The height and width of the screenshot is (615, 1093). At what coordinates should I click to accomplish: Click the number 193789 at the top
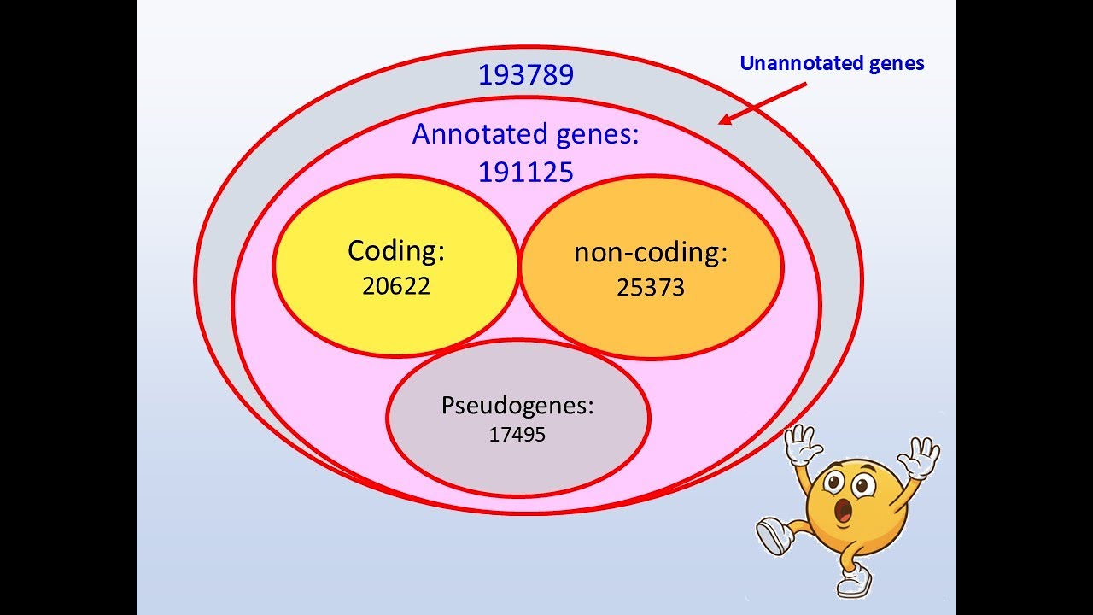point(525,75)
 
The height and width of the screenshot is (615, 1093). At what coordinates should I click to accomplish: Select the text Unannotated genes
point(832,63)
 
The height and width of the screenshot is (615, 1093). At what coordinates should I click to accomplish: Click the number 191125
point(525,173)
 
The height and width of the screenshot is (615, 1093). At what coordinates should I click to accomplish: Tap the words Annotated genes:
point(525,134)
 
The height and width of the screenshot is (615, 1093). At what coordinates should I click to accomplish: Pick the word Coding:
point(396,251)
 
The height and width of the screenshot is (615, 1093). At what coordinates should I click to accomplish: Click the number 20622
point(396,286)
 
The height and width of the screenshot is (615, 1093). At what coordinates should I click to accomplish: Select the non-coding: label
point(651,253)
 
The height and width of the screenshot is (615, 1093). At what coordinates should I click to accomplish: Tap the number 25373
point(651,288)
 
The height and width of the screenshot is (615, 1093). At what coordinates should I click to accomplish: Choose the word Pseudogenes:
point(517,405)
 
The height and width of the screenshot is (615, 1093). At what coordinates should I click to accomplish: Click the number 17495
point(517,435)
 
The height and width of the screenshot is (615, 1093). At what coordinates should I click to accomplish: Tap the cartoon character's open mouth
point(845,512)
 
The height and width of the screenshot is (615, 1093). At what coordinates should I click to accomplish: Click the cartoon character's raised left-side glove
point(803,443)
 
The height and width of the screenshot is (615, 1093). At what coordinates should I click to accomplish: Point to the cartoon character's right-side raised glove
point(920,457)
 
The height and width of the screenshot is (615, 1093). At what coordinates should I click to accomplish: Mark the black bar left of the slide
point(68,307)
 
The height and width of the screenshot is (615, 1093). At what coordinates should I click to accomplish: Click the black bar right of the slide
point(1025,307)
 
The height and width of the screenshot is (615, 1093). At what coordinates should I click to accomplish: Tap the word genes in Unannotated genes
point(893,64)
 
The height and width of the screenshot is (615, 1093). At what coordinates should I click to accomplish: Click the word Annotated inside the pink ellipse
point(479,134)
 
